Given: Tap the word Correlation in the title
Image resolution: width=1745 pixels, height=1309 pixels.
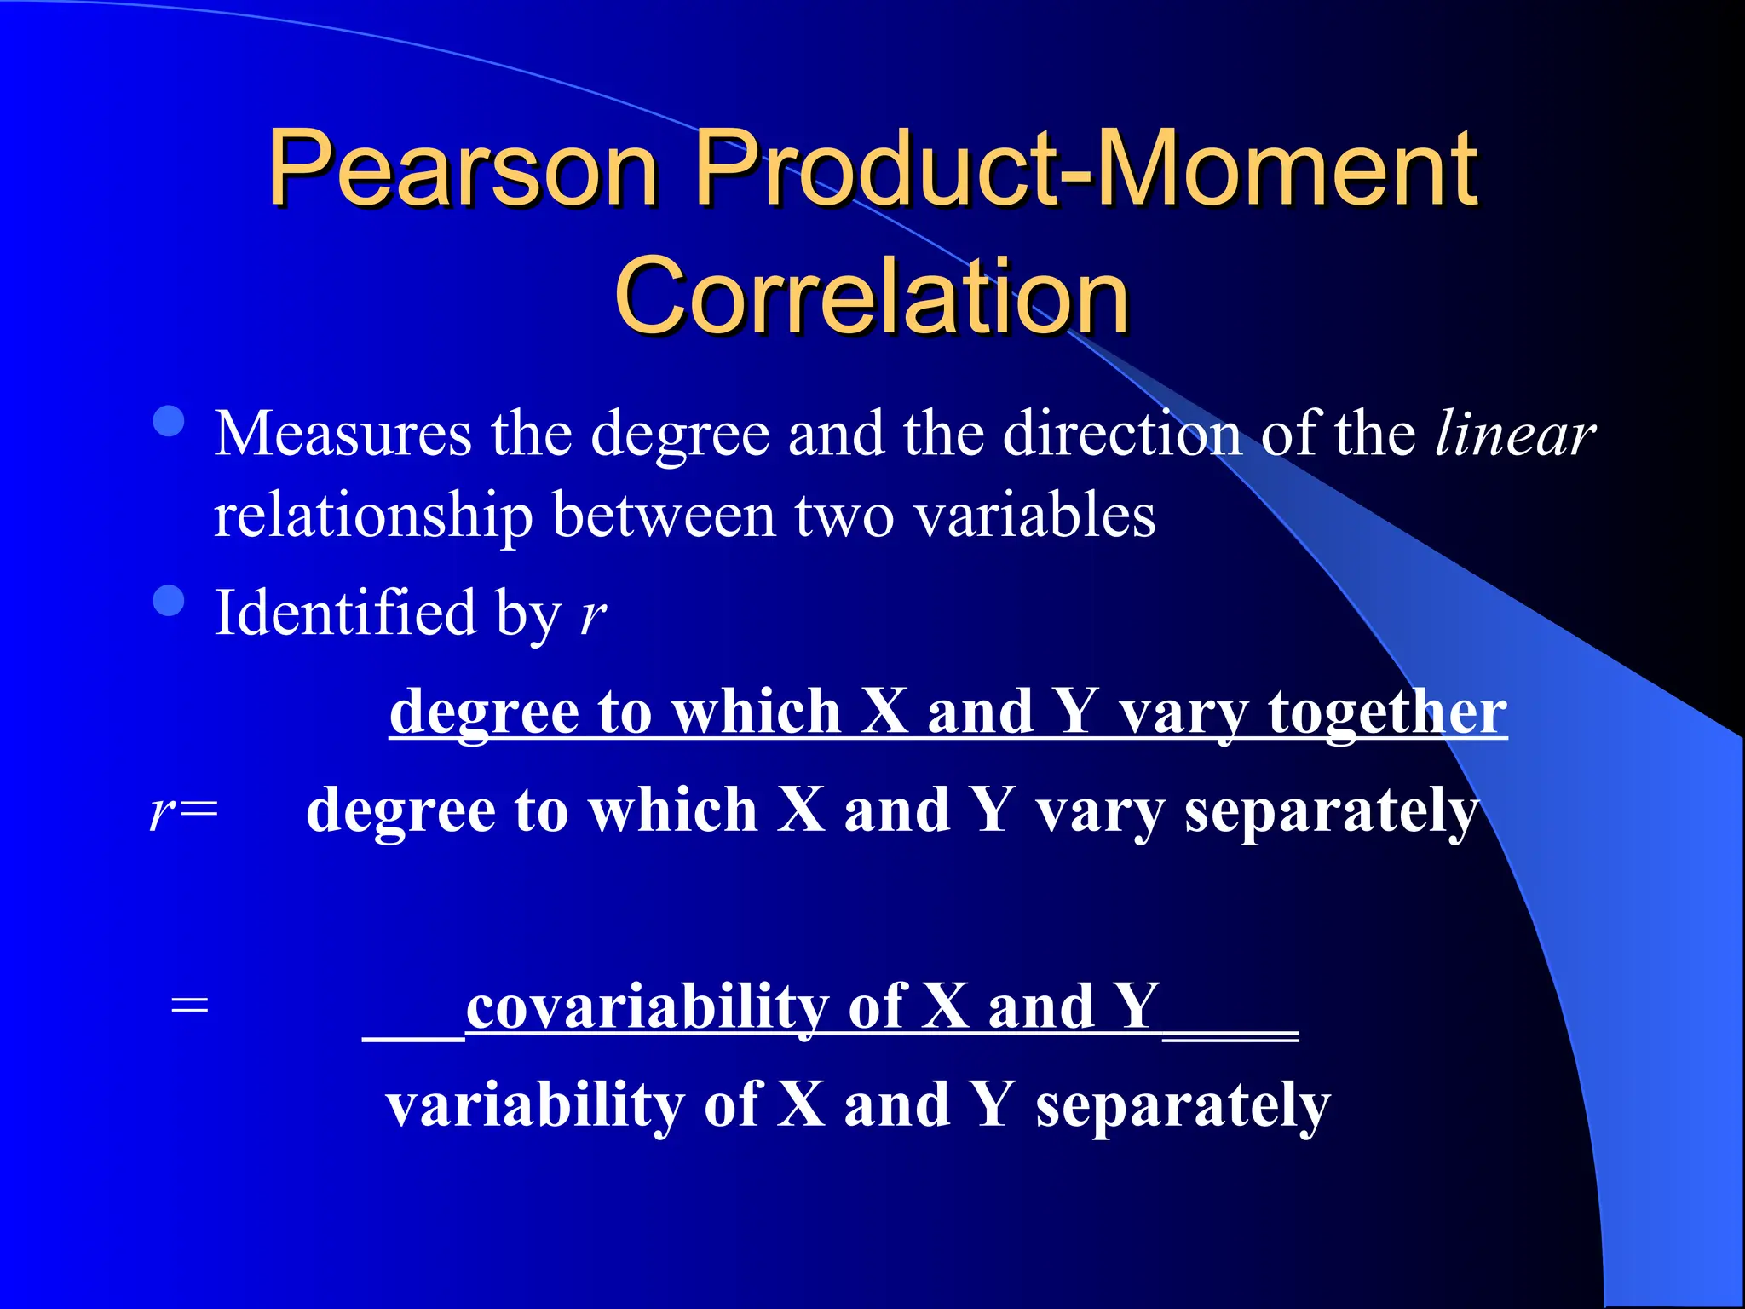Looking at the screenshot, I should (x=871, y=296).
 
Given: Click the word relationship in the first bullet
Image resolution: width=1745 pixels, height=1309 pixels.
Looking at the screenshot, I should (x=372, y=516).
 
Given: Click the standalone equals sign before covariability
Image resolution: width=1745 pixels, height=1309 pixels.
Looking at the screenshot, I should (x=189, y=1006).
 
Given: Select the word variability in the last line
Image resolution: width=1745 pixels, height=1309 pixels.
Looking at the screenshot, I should (x=534, y=1104).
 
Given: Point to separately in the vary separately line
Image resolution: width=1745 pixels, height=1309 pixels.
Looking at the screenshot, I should (x=1331, y=811).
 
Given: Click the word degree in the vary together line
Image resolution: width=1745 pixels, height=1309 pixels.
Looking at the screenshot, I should (x=482, y=712).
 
